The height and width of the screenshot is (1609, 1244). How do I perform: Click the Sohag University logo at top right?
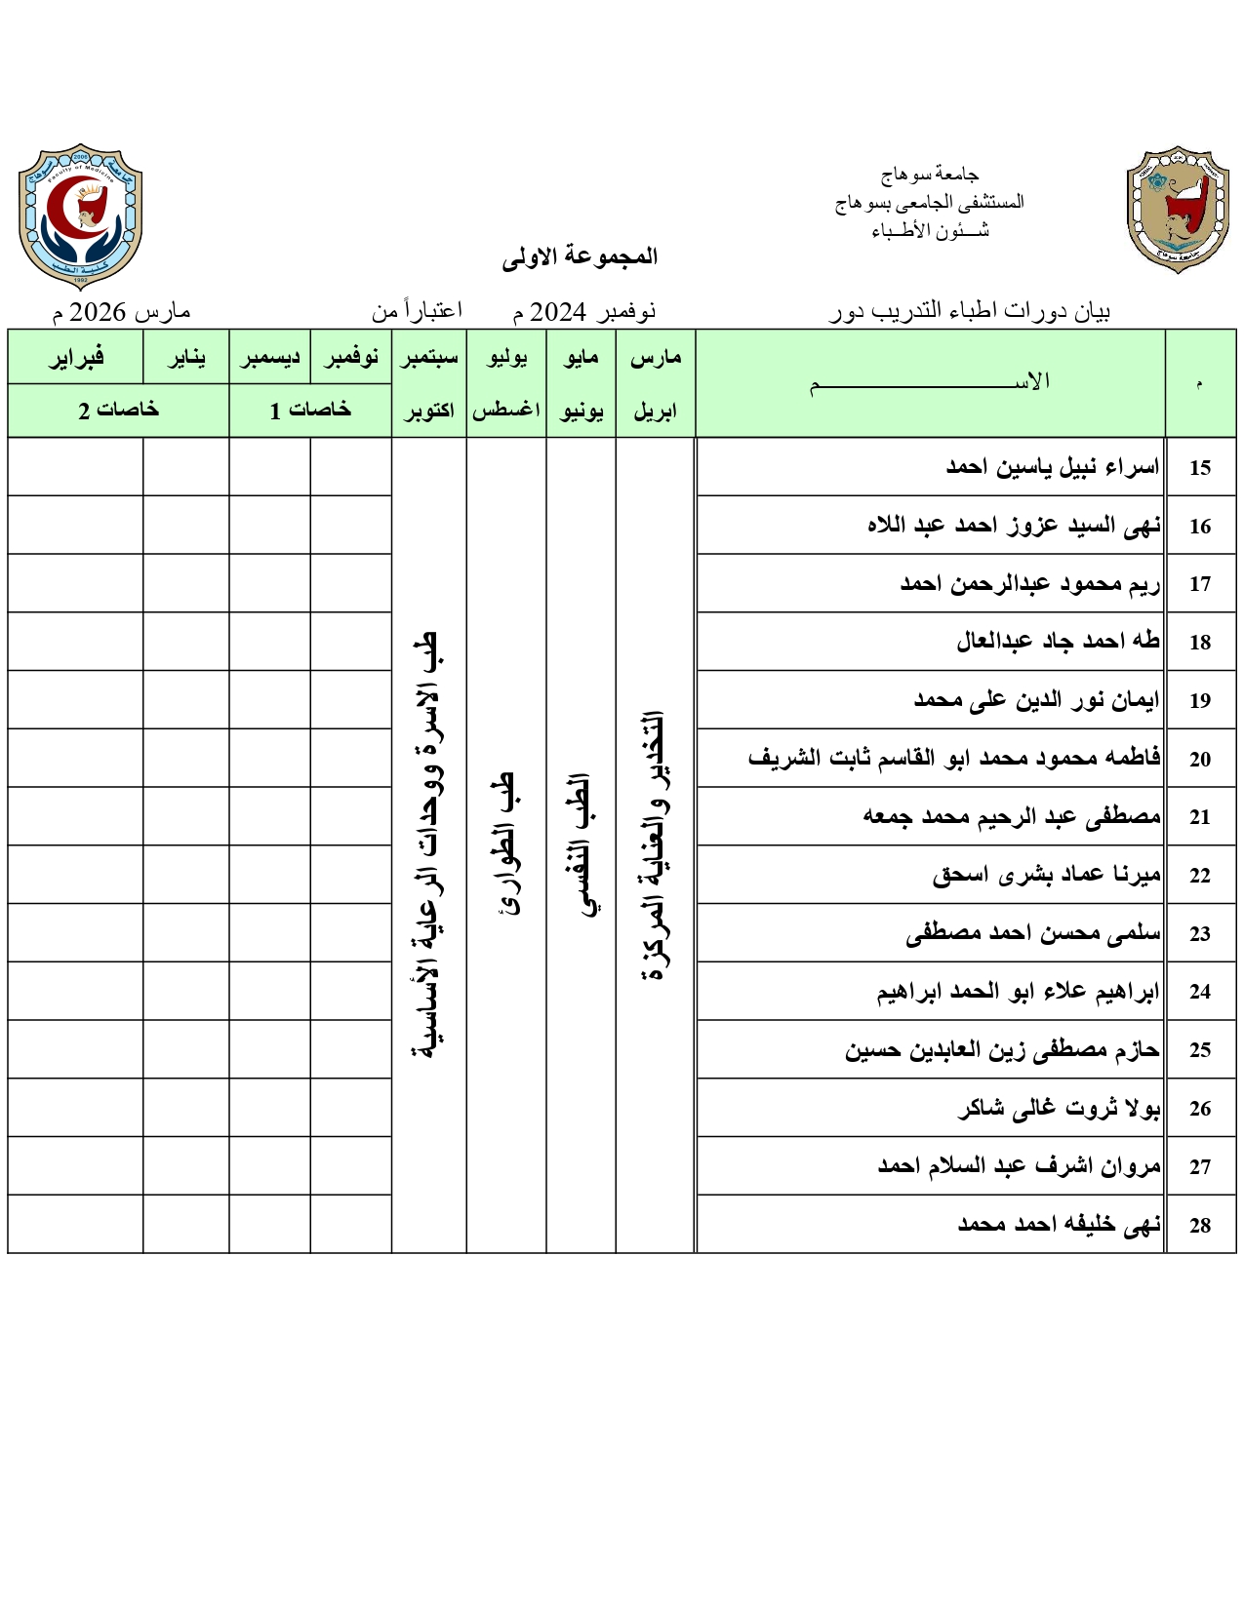click(1178, 210)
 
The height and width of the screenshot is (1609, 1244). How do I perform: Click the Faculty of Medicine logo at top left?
click(80, 216)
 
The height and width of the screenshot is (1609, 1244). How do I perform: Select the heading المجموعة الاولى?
click(580, 256)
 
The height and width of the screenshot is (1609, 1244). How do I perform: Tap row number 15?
click(1199, 468)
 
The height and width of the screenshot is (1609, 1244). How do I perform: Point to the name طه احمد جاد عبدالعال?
click(1058, 641)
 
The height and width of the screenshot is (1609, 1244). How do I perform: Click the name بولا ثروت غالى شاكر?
click(1059, 1108)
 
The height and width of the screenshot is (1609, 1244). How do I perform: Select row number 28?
click(1199, 1226)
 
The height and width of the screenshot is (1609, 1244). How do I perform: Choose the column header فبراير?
click(76, 358)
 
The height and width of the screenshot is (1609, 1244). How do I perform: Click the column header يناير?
click(186, 358)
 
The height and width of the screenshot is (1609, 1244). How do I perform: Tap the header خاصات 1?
click(310, 411)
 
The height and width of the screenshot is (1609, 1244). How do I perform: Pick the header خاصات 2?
click(118, 411)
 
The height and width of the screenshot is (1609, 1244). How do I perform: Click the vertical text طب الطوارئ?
click(505, 844)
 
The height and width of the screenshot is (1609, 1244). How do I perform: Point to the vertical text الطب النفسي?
click(582, 844)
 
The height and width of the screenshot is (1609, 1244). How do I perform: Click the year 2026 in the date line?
click(98, 312)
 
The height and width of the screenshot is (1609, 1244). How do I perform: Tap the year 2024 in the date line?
click(557, 312)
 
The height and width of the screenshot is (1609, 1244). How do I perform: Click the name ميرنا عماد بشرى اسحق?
click(1046, 875)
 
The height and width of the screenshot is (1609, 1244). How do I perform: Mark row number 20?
click(1199, 760)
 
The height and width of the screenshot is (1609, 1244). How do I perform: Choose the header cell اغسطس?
click(506, 411)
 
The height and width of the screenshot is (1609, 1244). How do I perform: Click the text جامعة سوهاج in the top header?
click(929, 175)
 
